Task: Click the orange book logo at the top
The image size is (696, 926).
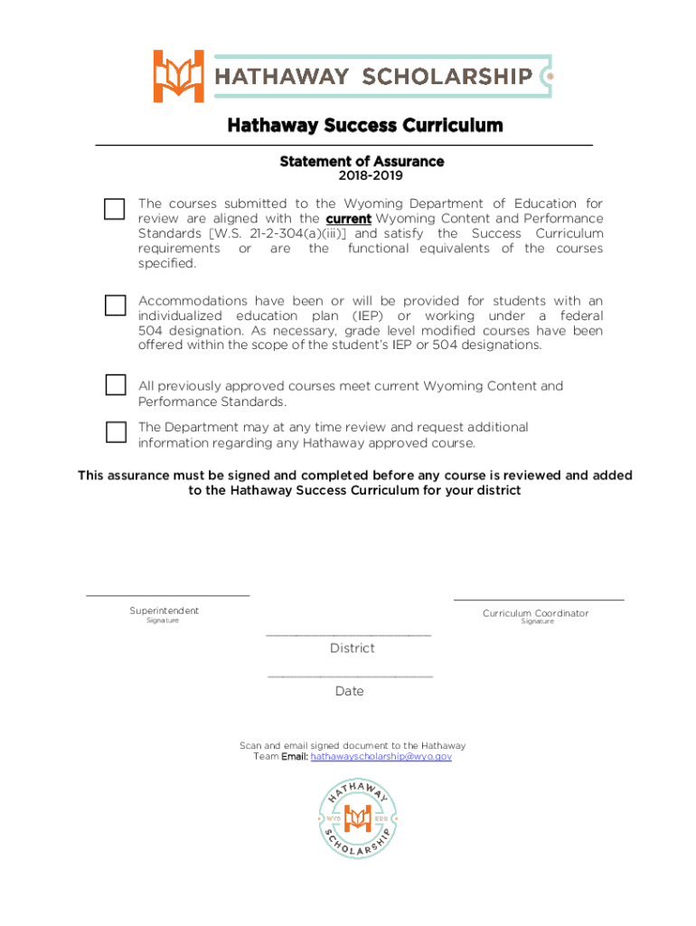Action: [178, 76]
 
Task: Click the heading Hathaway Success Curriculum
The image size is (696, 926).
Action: [364, 125]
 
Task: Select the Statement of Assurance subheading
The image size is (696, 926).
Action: [362, 161]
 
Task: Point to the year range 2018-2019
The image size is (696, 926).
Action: [362, 176]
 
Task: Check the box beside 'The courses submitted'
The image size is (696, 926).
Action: [115, 209]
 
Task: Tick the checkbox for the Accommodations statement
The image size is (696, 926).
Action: [115, 305]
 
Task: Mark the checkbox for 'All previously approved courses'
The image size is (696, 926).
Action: [115, 385]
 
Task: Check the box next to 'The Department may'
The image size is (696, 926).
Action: [115, 431]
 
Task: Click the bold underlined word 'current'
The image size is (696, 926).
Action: [348, 219]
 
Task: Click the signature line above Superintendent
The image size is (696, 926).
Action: [167, 595]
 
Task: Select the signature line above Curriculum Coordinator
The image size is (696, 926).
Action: [538, 600]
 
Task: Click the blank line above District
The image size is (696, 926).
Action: [348, 636]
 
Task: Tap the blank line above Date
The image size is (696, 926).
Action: [350, 676]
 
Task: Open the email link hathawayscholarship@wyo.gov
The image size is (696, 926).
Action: [381, 756]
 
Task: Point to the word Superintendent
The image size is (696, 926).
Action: [164, 610]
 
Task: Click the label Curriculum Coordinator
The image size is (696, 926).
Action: [535, 613]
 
